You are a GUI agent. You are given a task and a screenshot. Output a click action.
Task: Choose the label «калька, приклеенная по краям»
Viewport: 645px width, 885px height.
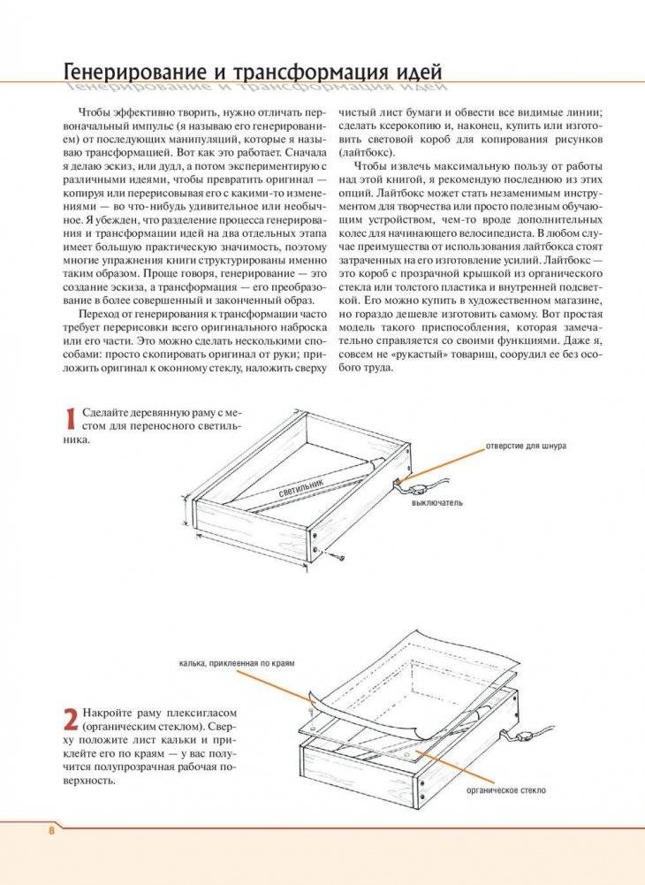coord(234,662)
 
